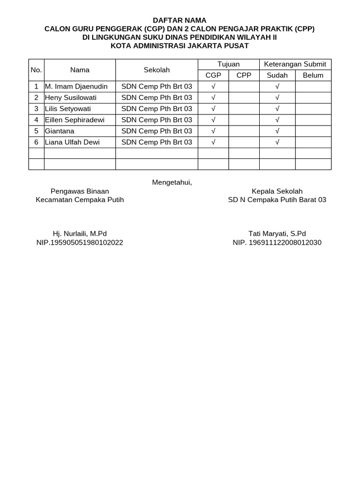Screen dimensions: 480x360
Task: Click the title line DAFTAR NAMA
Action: click(180, 20)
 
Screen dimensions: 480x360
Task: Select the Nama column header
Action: click(80, 70)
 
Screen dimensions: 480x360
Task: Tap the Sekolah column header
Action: click(157, 70)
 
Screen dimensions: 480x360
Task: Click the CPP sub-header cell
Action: click(244, 75)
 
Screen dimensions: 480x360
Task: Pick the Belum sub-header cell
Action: click(313, 75)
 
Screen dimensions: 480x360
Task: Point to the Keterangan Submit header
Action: click(295, 64)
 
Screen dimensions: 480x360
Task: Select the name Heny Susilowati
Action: click(70, 97)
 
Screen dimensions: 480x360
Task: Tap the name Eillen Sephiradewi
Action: click(75, 120)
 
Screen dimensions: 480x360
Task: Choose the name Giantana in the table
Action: click(60, 131)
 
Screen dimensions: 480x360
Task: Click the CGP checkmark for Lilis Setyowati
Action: click(213, 109)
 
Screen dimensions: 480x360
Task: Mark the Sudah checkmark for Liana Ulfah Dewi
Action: click(277, 142)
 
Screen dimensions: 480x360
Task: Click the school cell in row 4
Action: click(157, 120)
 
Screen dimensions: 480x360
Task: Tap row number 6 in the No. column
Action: click(36, 142)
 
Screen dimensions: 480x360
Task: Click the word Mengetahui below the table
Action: click(172, 182)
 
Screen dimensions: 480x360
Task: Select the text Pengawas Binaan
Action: click(80, 191)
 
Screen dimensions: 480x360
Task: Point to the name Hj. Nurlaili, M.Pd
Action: click(80, 233)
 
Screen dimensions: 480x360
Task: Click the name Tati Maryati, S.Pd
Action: click(277, 233)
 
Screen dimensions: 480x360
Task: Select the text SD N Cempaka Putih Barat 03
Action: click(277, 200)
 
